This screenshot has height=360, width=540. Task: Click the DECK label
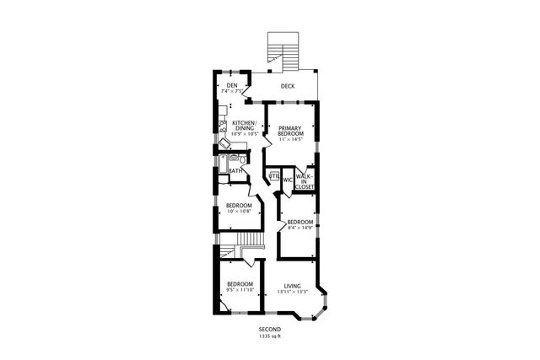pyautogui.click(x=288, y=86)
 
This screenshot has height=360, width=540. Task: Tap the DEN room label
pyautogui.click(x=231, y=86)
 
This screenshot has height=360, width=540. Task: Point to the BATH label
pyautogui.click(x=235, y=171)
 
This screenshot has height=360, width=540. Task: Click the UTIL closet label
pyautogui.click(x=274, y=175)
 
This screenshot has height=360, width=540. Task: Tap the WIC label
pyautogui.click(x=287, y=180)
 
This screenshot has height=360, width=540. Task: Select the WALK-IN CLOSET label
pyautogui.click(x=304, y=180)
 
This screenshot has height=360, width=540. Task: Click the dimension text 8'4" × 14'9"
pyautogui.click(x=300, y=228)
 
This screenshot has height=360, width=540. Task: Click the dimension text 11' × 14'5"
pyautogui.click(x=290, y=140)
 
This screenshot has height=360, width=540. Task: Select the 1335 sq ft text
pyautogui.click(x=270, y=336)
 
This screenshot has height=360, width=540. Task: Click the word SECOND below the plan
pyautogui.click(x=270, y=330)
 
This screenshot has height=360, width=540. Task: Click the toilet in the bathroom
pyautogui.click(x=242, y=159)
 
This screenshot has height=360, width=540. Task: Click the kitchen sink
pyautogui.click(x=224, y=126)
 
